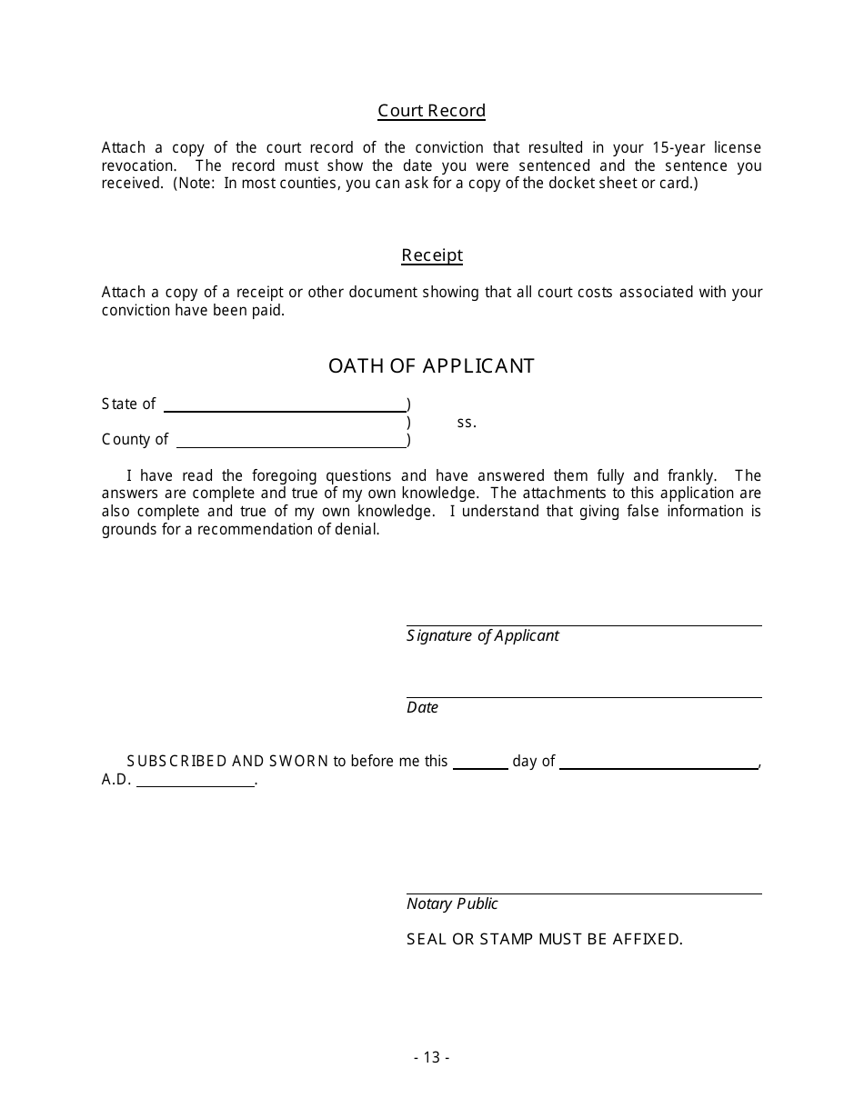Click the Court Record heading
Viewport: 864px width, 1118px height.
(x=432, y=111)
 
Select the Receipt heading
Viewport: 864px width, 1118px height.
(x=432, y=255)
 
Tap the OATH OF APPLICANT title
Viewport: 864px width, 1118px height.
(x=431, y=366)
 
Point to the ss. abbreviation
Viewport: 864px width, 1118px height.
(x=467, y=423)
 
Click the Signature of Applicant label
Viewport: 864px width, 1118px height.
(x=482, y=636)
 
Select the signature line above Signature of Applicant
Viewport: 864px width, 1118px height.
(x=584, y=624)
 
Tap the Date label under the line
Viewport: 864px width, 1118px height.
(x=422, y=708)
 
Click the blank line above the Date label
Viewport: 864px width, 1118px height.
(x=584, y=696)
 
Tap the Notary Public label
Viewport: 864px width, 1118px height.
(x=452, y=904)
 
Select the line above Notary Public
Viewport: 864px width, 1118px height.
(x=584, y=893)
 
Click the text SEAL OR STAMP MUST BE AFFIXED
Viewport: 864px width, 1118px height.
(x=544, y=940)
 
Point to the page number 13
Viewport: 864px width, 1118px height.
(x=431, y=1058)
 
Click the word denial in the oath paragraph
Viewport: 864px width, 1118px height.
(x=357, y=530)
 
